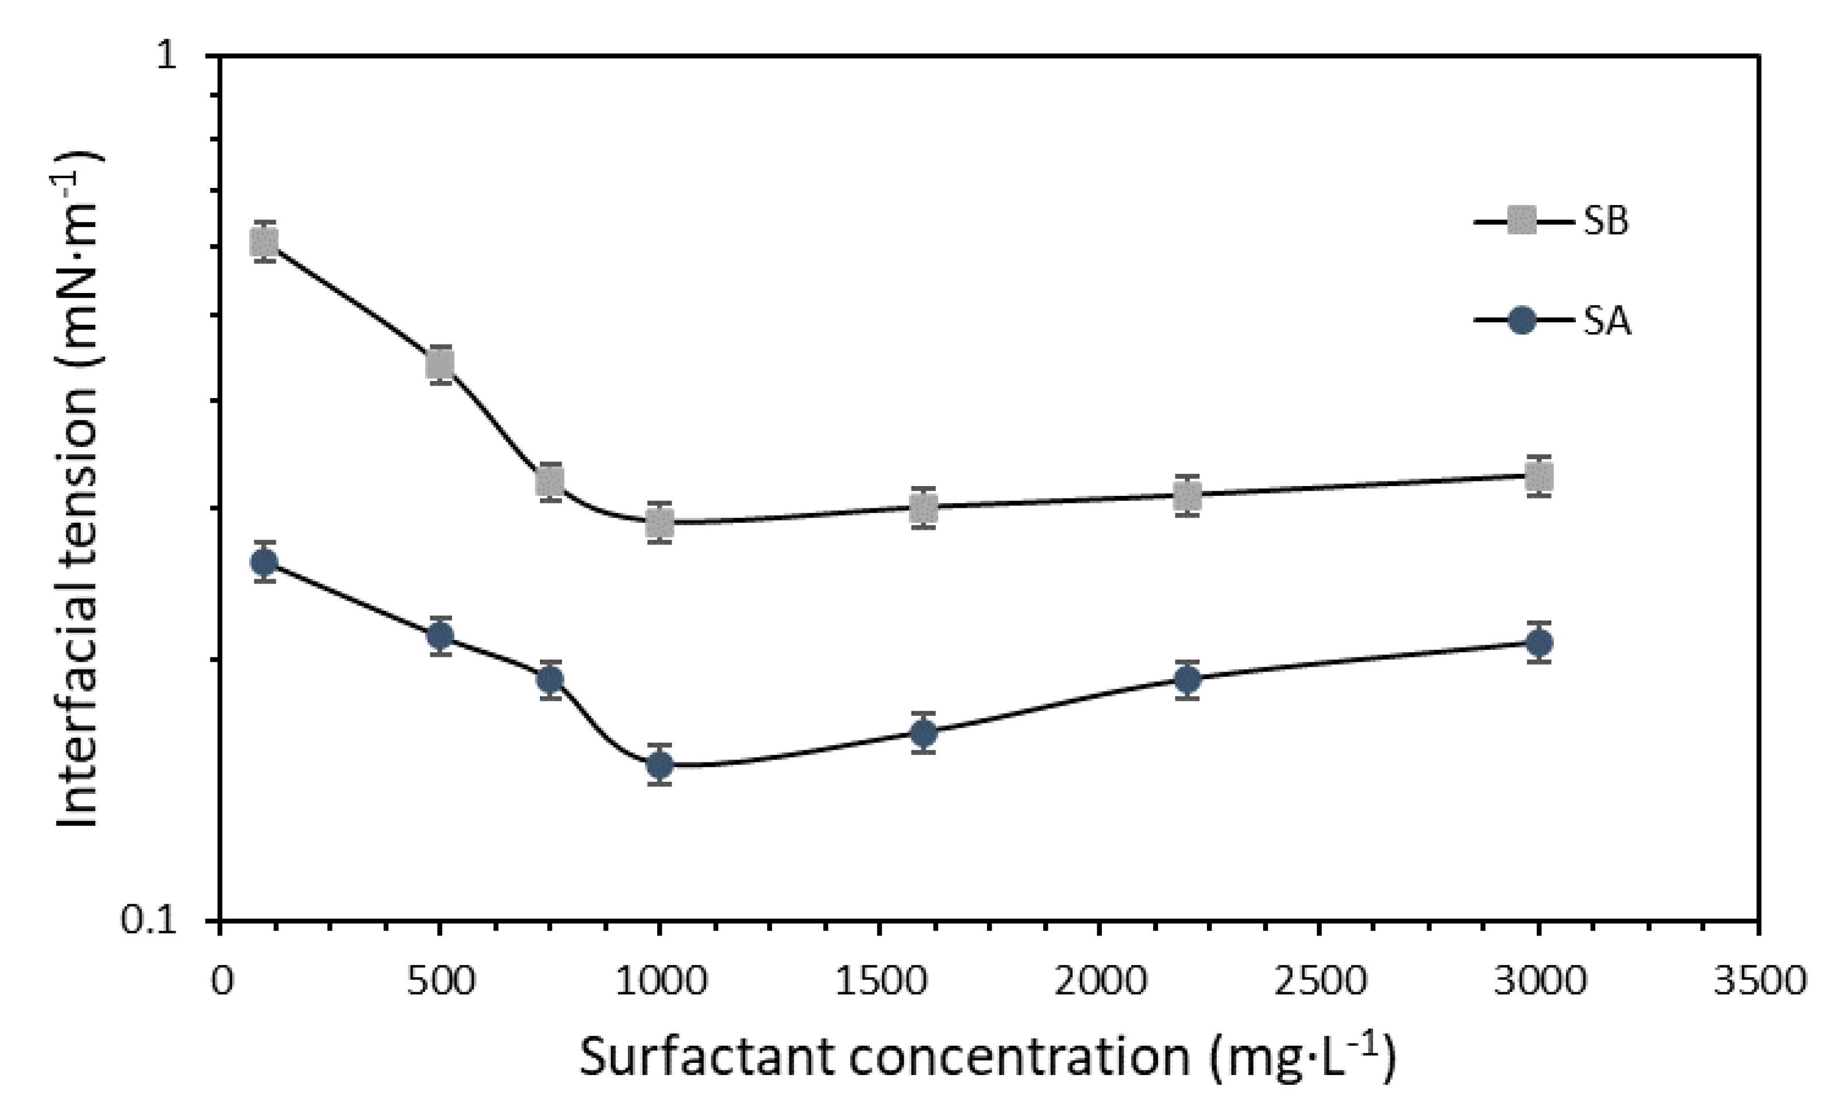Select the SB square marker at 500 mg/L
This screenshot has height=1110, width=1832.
tap(440, 364)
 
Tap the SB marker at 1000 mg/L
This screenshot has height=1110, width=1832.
tap(659, 523)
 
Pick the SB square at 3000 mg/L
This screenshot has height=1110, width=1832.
tap(1538, 476)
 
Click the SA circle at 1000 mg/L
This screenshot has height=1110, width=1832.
tap(659, 764)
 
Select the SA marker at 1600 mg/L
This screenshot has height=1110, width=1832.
tap(923, 734)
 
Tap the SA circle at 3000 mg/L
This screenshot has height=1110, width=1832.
tap(1538, 642)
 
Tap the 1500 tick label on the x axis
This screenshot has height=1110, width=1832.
tap(880, 981)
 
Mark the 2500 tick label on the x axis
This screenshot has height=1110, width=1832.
tap(1320, 981)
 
